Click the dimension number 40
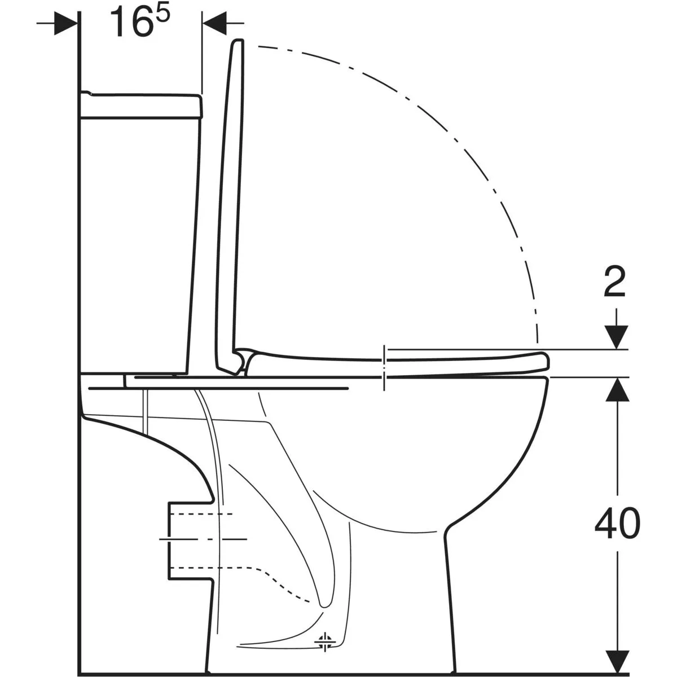tap(617, 524)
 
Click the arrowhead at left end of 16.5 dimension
tap(65, 23)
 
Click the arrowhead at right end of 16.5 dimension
tap(214, 23)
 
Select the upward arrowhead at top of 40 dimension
tap(617, 389)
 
